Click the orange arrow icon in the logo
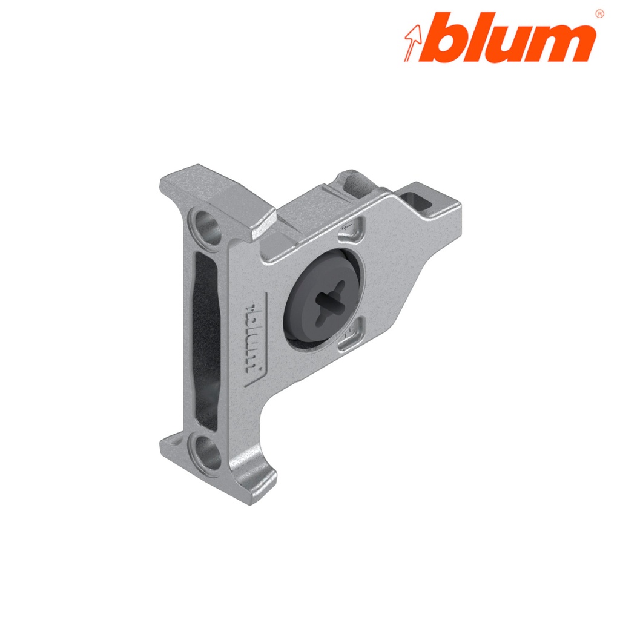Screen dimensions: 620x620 413,43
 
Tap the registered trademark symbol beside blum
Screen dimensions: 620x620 599,13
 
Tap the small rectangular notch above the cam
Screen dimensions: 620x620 354,228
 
